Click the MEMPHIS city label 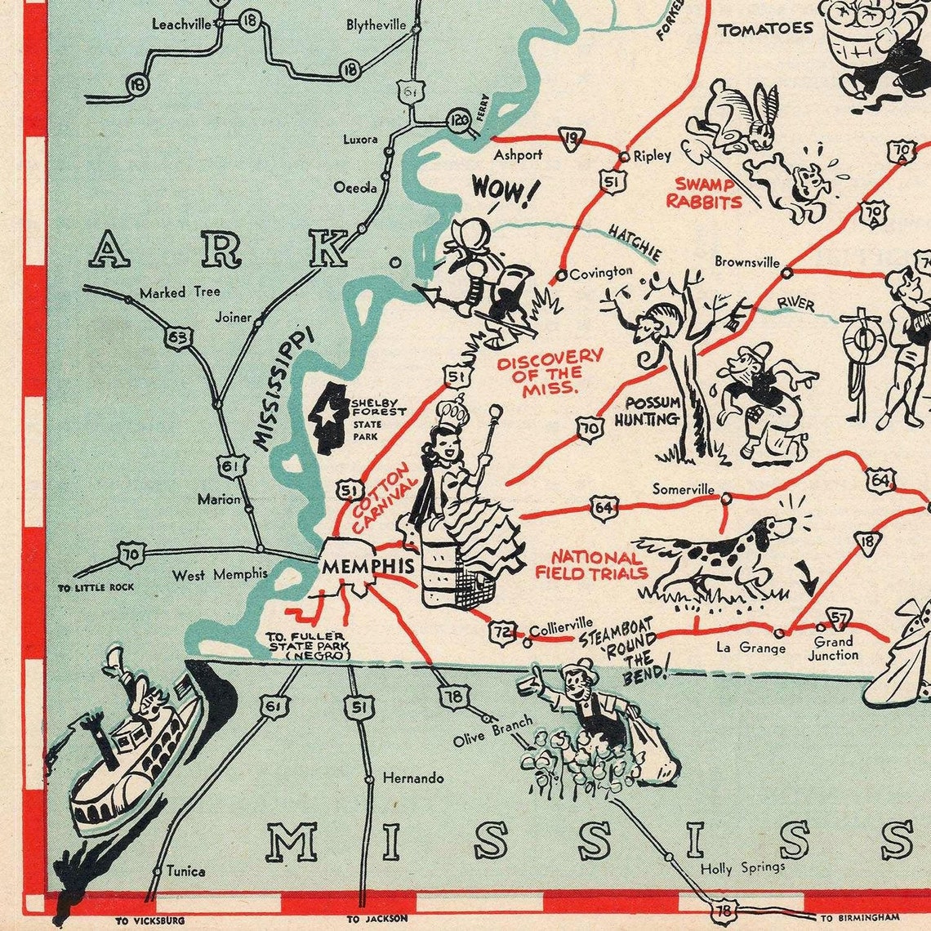(x=356, y=566)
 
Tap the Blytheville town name (x=376, y=25)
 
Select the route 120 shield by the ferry (x=460, y=121)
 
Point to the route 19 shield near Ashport (x=572, y=139)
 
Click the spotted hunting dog (x=719, y=555)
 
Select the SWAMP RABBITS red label (x=704, y=193)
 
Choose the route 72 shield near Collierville (x=501, y=630)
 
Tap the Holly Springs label (x=742, y=867)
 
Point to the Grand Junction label (x=833, y=648)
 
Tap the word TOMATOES (x=765, y=29)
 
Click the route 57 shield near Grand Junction (x=838, y=617)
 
